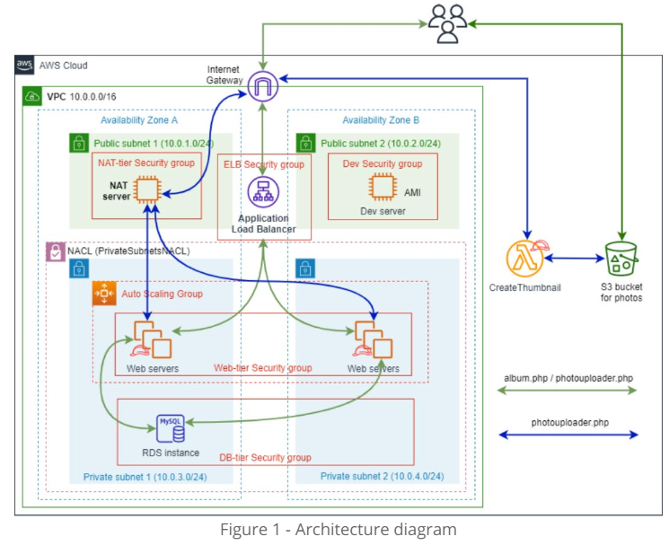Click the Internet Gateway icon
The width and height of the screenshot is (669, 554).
coord(264,85)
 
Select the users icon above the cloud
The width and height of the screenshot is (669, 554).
coord(447,23)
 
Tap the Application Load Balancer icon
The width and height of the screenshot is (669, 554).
coord(264,191)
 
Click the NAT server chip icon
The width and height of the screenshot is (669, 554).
coord(146,189)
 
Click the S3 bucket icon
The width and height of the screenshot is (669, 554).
coord(621,260)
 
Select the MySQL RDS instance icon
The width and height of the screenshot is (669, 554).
coord(171,428)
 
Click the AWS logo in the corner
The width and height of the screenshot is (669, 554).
coord(25,66)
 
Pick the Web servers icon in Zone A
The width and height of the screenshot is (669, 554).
coord(148,339)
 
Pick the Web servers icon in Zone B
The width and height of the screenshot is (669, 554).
coord(373,339)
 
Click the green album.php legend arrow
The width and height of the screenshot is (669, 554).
coord(568,391)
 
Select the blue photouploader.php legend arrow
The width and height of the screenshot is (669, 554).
coord(568,435)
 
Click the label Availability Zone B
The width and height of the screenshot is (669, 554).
coord(381,120)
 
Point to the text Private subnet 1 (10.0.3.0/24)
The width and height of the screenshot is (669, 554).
coord(144,476)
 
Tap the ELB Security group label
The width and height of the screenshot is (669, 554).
coord(263,164)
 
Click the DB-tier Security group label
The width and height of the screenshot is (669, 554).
coord(266,457)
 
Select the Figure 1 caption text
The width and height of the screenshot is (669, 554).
coord(338,529)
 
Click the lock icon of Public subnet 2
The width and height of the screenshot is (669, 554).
coord(306,142)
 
